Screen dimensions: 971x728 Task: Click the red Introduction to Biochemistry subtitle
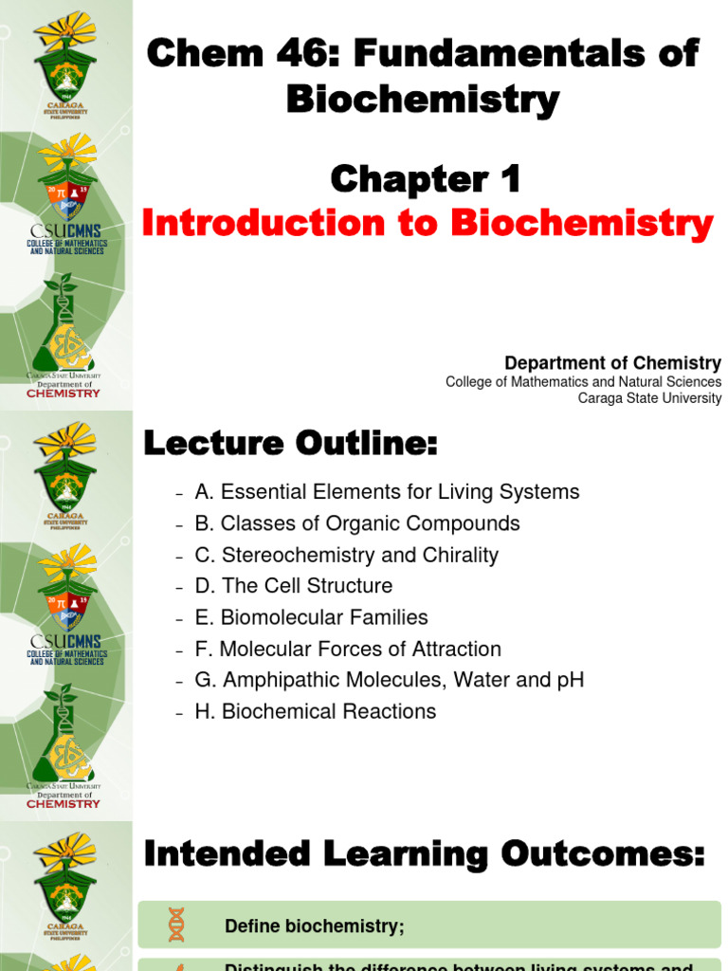coord(427,224)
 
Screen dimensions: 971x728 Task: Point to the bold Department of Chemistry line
coord(612,363)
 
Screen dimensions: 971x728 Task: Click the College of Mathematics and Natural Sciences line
coord(583,381)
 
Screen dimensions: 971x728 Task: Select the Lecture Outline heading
coord(290,443)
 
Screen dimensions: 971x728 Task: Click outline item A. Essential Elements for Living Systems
coord(387,492)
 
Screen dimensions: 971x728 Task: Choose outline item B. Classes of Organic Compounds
coord(357,523)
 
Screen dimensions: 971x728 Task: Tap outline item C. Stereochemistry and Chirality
coord(346,555)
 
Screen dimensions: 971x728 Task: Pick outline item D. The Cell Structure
coord(293,586)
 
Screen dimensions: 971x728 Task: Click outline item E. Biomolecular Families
coord(311,617)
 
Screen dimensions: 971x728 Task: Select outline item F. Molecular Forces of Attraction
coord(348,649)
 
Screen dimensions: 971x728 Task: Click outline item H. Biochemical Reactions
coord(316,711)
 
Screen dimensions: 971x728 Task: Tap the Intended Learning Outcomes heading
coord(425,856)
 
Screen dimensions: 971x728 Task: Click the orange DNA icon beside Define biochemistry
coord(176,925)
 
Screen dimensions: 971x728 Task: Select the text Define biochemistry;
coord(314,926)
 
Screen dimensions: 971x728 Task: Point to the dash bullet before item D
coord(178,587)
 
